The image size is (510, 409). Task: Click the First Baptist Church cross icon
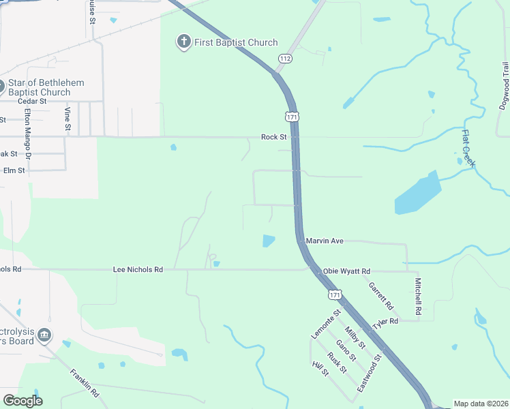(x=183, y=42)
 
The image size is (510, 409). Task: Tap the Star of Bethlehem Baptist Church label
(x=45, y=87)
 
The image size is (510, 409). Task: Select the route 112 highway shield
(x=284, y=59)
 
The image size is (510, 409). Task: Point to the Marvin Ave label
(x=325, y=241)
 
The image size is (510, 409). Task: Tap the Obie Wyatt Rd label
(x=346, y=271)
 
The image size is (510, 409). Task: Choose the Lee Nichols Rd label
(x=138, y=270)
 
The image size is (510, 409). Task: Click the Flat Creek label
(x=468, y=149)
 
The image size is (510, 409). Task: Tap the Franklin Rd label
(x=85, y=384)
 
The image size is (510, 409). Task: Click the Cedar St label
(x=31, y=101)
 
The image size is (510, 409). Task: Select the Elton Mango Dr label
(x=28, y=133)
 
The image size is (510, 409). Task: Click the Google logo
(x=22, y=401)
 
